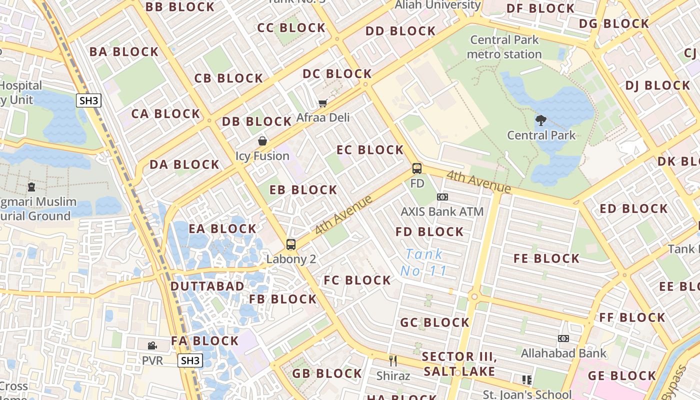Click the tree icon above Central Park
point(540,120)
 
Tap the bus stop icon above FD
point(417,168)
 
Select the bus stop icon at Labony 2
point(291,244)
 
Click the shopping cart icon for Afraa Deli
point(323,103)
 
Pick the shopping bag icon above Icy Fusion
point(262,141)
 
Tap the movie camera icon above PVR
point(152,345)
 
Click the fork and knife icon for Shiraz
point(393,360)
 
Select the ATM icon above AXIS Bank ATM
point(442,197)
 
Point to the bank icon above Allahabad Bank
point(563,338)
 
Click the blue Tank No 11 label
point(423,262)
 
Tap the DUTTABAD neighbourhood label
point(207,286)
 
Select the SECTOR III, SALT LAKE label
point(459,364)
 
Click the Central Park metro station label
point(504,47)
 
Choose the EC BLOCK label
point(370,150)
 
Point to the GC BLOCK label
point(435,323)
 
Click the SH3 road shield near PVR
point(190,360)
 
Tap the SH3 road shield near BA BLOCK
point(89,100)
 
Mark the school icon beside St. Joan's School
point(526,380)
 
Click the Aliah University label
point(438,5)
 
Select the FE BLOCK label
point(547,259)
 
